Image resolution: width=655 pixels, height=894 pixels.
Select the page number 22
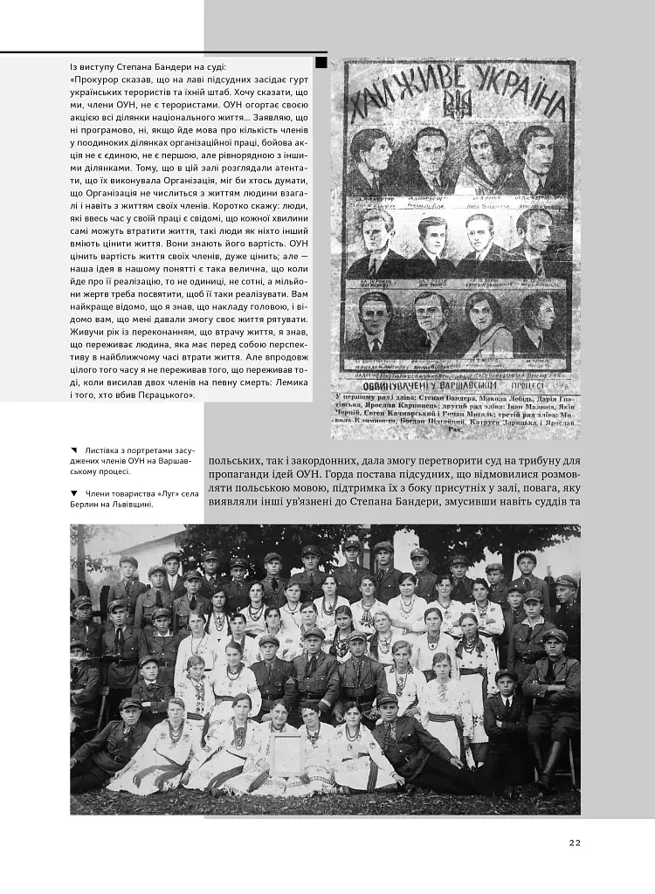(x=574, y=842)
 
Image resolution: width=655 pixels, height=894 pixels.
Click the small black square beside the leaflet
(x=321, y=63)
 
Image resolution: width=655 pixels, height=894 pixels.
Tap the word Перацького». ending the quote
(x=167, y=395)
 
